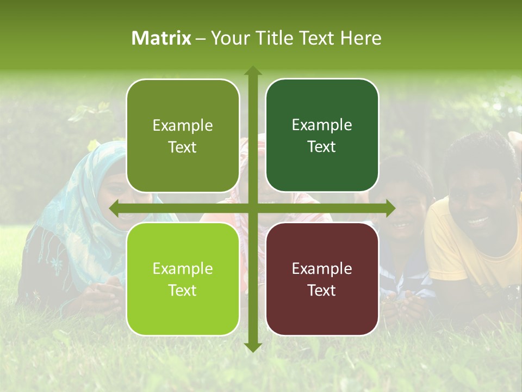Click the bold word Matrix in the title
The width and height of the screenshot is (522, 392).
click(x=161, y=38)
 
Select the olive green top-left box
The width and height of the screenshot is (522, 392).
click(x=183, y=136)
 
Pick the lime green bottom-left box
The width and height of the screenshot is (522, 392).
click(x=183, y=279)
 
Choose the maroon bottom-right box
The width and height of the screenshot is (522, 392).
click(x=322, y=279)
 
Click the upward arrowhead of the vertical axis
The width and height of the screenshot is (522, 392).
click(x=253, y=71)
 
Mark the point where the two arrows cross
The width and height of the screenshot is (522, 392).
click(x=253, y=208)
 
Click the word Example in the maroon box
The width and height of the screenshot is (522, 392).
click(x=322, y=268)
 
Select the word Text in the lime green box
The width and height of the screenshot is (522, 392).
click(x=182, y=290)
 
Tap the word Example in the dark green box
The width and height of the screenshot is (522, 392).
click(x=322, y=125)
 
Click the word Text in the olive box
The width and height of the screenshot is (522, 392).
click(x=182, y=147)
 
